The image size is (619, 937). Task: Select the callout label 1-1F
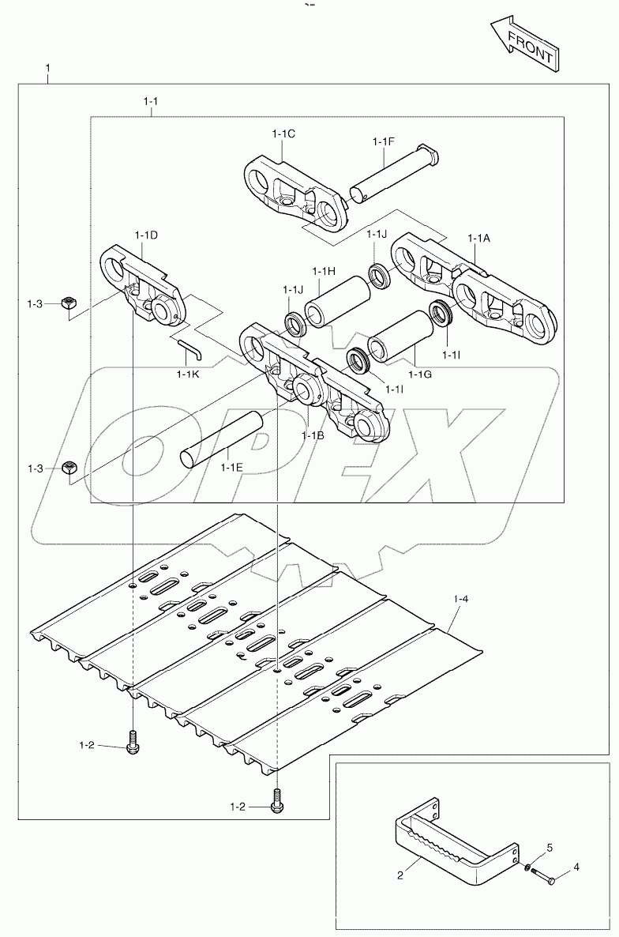pos(383,141)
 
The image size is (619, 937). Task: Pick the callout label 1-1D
pos(146,235)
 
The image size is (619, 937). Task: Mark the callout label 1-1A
pos(478,238)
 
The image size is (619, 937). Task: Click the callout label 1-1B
pos(312,435)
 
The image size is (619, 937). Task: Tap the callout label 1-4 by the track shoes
pos(461,600)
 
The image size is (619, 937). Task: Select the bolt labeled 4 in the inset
pos(544,876)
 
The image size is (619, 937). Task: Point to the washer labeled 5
pos(527,869)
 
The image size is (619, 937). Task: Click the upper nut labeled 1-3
pos(69,303)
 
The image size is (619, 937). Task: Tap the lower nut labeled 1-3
pos(69,468)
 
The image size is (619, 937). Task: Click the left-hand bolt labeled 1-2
pos(132,743)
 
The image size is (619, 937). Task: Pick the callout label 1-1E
pos(231,468)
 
